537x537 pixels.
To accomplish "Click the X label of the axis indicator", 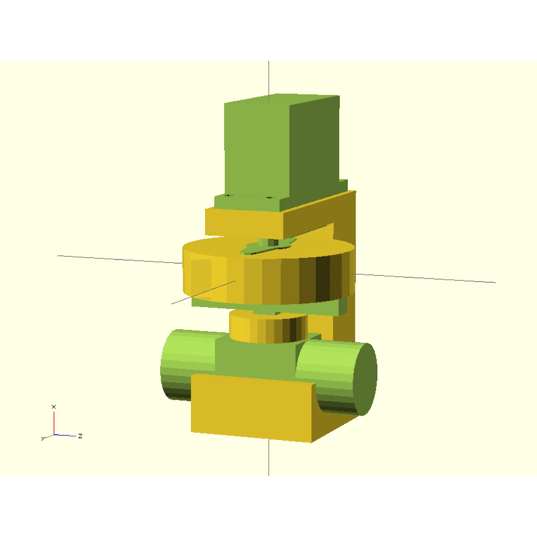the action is coord(53,406).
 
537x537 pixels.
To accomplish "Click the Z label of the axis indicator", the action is coord(80,436).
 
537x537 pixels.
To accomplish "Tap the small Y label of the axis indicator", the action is coord(43,438).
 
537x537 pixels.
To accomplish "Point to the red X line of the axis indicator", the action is coord(54,423).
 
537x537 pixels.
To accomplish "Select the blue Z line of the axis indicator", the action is coord(65,435).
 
